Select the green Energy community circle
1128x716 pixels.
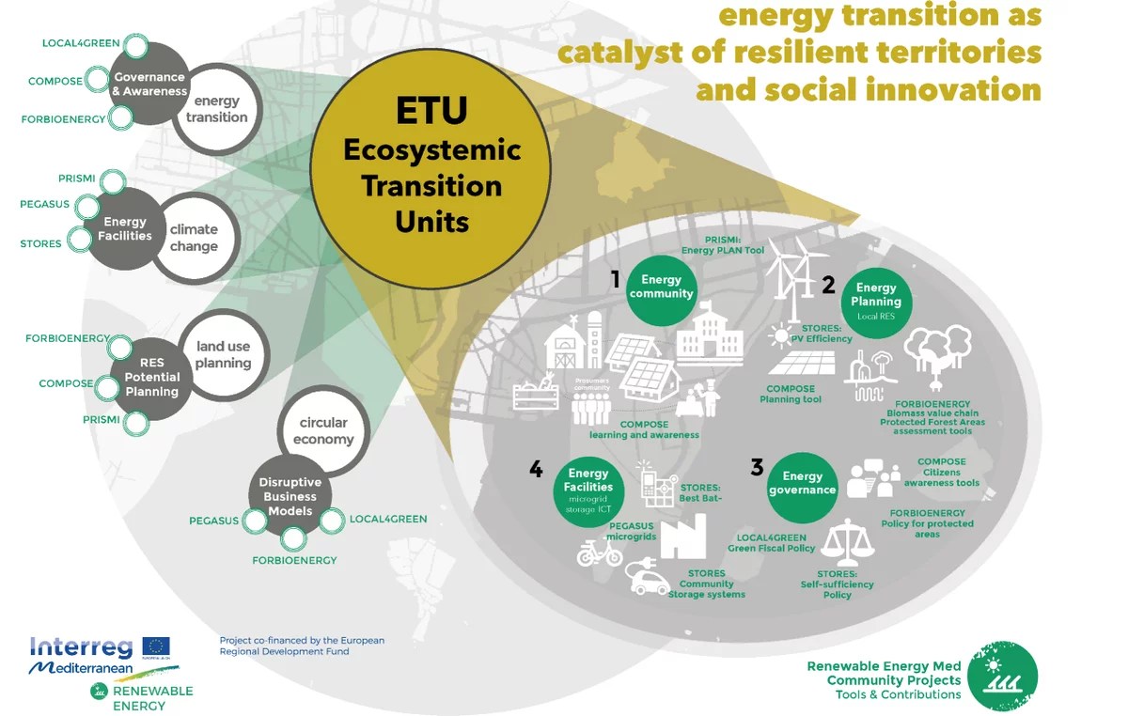(662, 287)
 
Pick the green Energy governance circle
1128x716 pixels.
(802, 485)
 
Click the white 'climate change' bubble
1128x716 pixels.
(195, 237)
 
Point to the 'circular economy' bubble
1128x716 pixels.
(322, 431)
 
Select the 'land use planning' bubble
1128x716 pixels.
(223, 354)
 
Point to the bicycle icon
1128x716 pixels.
(600, 553)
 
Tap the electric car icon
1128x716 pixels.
(649, 579)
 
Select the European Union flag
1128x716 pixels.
(156, 646)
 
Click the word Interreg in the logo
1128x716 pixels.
(83, 646)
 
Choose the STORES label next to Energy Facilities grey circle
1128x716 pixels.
(40, 244)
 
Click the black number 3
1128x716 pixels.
(757, 466)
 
